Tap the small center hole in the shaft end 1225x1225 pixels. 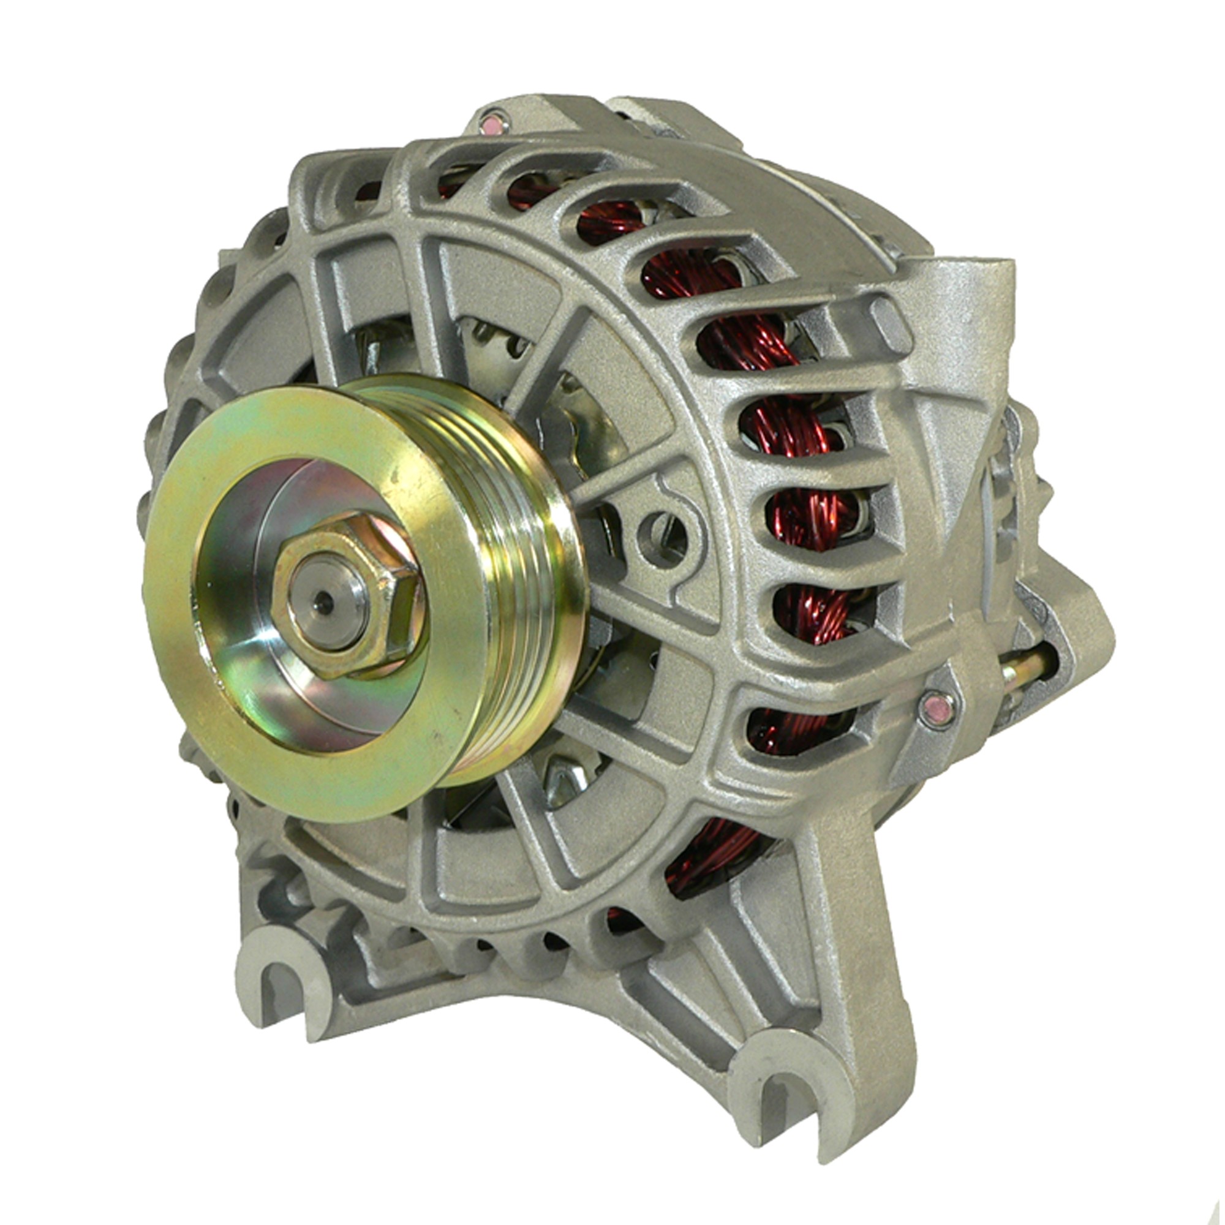click(326, 602)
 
